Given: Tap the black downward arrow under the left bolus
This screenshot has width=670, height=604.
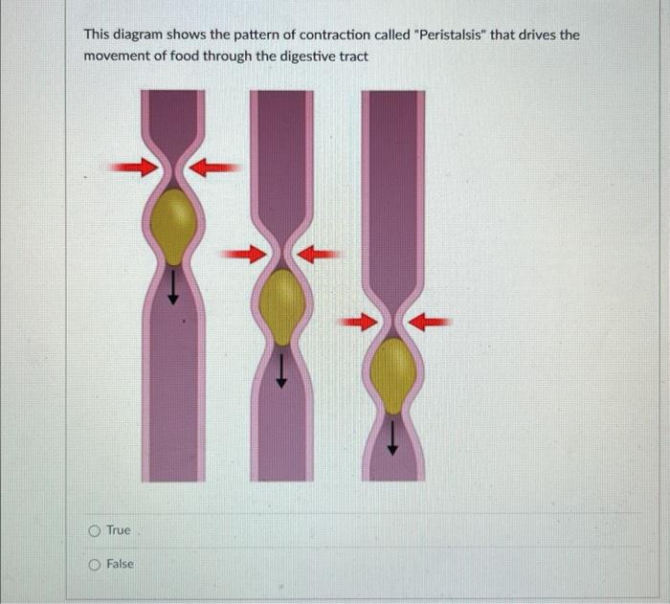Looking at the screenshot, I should [x=173, y=284].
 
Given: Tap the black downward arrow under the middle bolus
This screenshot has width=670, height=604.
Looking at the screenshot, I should [x=281, y=366].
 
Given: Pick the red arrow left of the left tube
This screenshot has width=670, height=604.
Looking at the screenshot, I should [x=131, y=168].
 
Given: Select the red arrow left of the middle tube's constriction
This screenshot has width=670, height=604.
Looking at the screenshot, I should [x=242, y=254].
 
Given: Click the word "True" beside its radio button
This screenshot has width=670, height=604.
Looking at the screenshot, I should [x=119, y=530].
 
